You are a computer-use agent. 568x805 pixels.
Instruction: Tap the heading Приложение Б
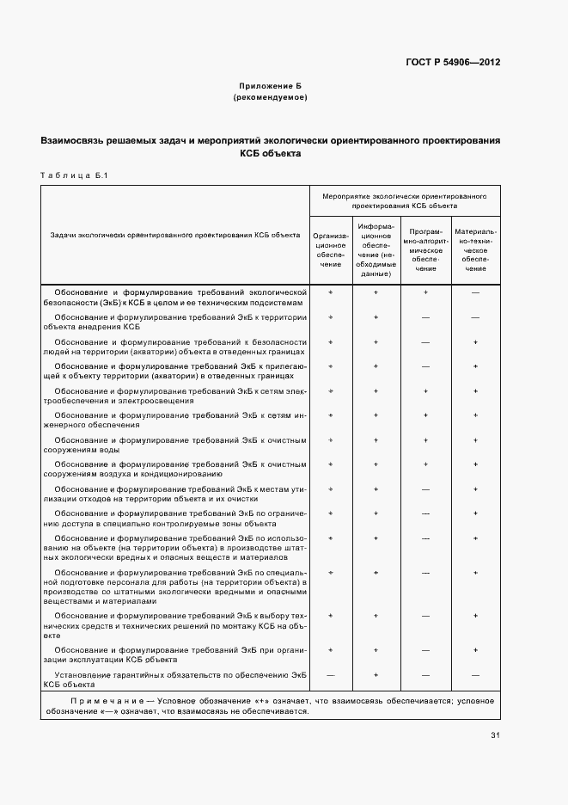(x=270, y=87)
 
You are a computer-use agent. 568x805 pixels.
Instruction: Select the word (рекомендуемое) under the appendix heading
(x=270, y=98)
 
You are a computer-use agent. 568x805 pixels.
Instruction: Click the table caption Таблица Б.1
(x=72, y=176)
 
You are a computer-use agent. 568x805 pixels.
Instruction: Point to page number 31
(x=495, y=734)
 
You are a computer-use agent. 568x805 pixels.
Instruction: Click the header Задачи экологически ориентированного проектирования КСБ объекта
(x=174, y=235)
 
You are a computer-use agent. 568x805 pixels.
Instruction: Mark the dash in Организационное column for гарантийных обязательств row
(x=331, y=675)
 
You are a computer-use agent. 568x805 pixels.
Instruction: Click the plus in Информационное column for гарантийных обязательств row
(x=376, y=675)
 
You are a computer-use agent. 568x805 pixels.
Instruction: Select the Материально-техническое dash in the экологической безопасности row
(x=475, y=293)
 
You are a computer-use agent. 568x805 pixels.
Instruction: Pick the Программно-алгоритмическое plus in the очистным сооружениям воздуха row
(x=425, y=464)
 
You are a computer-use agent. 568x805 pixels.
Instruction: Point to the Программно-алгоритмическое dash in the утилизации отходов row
(x=425, y=489)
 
